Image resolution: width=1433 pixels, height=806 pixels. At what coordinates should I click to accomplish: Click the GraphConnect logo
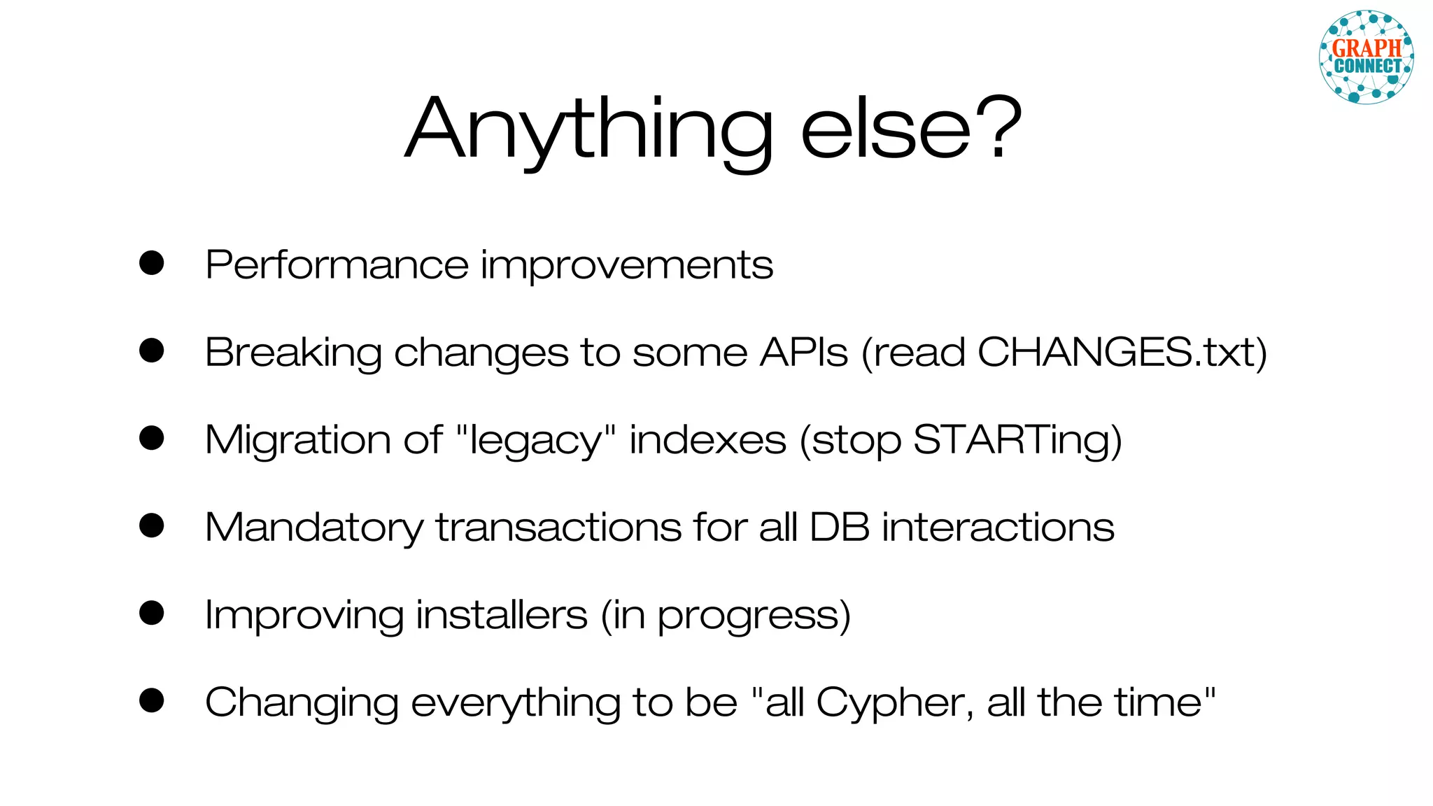coord(1366,57)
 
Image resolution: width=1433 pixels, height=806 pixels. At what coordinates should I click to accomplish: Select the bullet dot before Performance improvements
coord(151,263)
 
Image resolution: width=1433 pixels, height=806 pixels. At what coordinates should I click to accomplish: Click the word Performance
coord(337,266)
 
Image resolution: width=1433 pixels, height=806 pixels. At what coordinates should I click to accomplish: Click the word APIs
coord(804,352)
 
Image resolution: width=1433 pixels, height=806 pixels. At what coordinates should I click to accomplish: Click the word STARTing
coord(1011,441)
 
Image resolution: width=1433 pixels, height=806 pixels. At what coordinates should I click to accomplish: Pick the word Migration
coord(297,441)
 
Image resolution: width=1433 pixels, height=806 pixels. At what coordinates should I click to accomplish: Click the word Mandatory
coord(314,528)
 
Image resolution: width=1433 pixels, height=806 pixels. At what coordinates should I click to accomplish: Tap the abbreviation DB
coord(840,527)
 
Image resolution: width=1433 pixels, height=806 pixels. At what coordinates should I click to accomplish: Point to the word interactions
coord(998,527)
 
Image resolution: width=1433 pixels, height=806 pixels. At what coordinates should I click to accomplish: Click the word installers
coord(501,615)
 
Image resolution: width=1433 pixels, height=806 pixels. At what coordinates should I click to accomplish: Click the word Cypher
coord(894,703)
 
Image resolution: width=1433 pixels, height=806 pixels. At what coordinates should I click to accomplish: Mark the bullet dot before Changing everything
coord(151,700)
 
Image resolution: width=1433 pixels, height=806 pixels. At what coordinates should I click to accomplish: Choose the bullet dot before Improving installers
coord(151,613)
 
